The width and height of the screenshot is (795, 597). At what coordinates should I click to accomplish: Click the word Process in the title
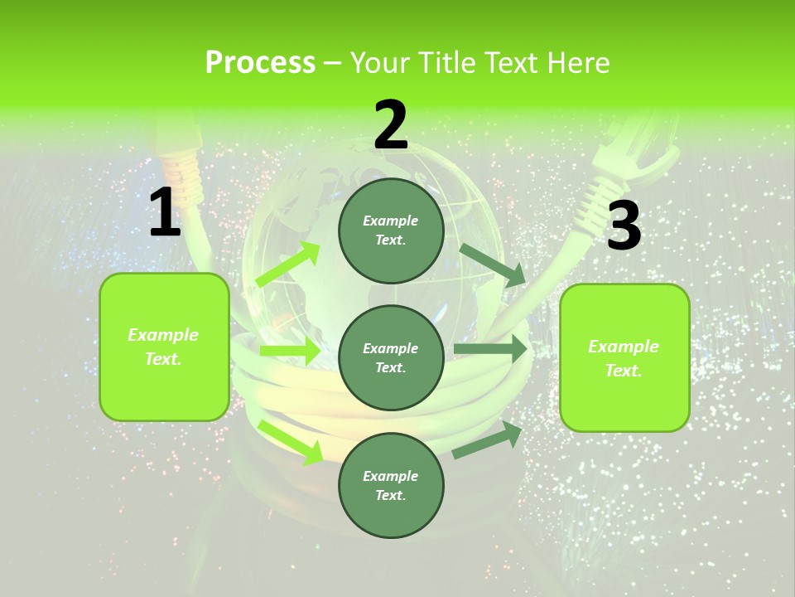260,63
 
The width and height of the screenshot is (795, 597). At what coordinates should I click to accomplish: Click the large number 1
165,213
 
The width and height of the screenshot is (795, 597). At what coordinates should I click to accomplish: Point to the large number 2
391,124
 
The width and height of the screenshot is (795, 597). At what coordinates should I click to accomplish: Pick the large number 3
624,226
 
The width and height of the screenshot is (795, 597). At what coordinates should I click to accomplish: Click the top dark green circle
391,231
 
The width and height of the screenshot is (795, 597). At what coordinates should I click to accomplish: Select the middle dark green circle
391,357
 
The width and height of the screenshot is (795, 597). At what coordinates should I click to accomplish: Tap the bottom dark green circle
391,485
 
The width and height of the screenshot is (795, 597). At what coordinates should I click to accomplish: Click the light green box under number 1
164,347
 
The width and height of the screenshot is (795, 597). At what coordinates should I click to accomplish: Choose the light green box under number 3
624,357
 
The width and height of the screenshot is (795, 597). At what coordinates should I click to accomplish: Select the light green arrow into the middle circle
290,351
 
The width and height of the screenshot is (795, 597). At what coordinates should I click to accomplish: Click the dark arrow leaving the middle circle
491,349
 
